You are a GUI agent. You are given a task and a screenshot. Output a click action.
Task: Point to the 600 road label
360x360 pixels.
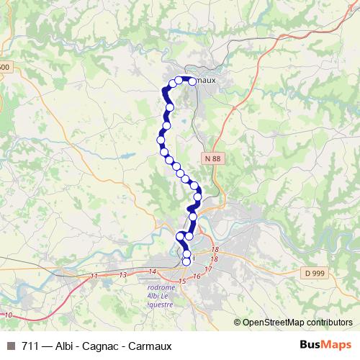pyautogui.click(x=5, y=67)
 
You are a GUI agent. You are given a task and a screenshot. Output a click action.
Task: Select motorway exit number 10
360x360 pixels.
pyautogui.click(x=8, y=315)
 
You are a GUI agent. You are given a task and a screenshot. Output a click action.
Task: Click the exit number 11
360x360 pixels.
pyautogui.click(x=95, y=276)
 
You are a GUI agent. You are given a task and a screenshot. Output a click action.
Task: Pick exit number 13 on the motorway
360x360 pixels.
pyautogui.click(x=123, y=274)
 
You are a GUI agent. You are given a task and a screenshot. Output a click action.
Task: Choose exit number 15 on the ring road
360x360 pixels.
pyautogui.click(x=183, y=280)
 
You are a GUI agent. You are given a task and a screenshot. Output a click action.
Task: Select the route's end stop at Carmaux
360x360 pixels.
pyautogui.click(x=192, y=81)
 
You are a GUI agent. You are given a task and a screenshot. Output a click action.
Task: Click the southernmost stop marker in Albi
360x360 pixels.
pyautogui.click(x=186, y=270)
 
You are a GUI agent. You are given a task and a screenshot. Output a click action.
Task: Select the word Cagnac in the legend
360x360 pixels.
pyautogui.click(x=99, y=346)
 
